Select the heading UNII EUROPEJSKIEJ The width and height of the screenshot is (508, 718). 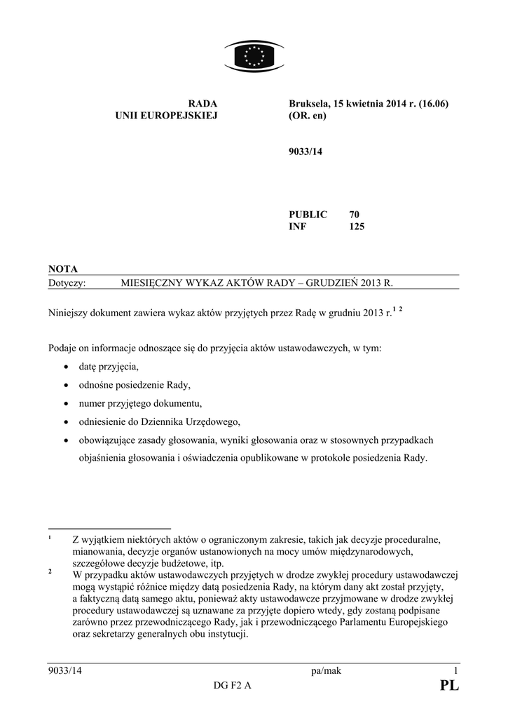click(167, 116)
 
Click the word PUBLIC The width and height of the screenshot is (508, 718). click(308, 214)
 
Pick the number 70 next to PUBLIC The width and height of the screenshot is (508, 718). click(355, 214)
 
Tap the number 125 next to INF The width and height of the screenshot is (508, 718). click(357, 226)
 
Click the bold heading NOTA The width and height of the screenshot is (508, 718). click(63, 269)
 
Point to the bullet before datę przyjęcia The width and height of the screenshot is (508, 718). click(65, 367)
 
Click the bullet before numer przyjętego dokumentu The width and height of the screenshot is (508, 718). click(65, 404)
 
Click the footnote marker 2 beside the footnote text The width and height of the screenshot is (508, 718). click(50, 571)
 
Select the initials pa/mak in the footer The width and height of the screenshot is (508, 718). click(325, 671)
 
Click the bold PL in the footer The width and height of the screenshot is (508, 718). click(449, 687)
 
